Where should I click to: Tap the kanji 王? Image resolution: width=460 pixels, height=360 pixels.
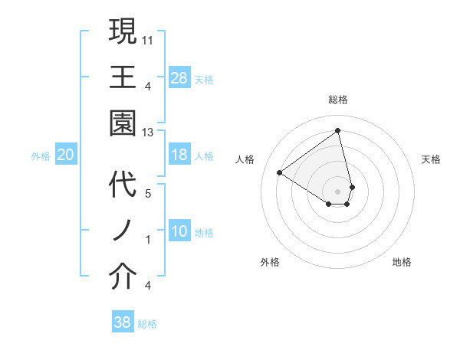pos(123,77)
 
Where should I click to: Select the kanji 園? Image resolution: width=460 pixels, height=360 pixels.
pos(123,123)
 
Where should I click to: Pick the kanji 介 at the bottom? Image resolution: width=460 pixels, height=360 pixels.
pos(123,277)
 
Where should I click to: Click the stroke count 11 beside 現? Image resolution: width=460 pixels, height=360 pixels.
pos(148,38)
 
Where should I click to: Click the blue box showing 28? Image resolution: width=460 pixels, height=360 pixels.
pos(179,78)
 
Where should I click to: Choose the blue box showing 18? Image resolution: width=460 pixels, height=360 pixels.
pos(179,155)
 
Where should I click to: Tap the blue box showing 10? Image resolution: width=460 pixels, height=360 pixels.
pos(179,232)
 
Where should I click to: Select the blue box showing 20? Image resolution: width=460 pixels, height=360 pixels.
pos(66,155)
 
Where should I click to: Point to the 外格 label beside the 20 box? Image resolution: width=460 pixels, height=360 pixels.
pos(41,156)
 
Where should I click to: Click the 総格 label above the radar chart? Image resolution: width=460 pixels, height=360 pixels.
pos(338,100)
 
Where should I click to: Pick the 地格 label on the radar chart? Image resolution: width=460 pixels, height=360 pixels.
pos(402,262)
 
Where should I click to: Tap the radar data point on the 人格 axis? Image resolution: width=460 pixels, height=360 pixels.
pos(280,172)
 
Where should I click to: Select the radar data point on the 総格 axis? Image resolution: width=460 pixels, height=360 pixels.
pos(338,130)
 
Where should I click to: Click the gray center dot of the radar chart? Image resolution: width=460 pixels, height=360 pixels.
pos(338,191)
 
